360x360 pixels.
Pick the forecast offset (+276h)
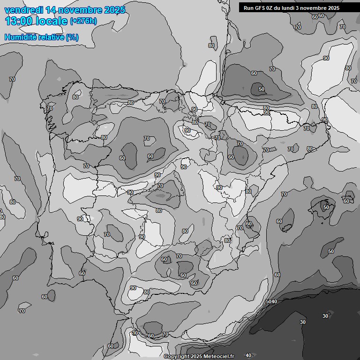coord(83,21)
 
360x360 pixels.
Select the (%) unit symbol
coord(72,37)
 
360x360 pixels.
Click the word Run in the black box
coord(249,8)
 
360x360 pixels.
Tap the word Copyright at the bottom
coord(177,357)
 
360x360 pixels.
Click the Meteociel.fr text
coord(219,357)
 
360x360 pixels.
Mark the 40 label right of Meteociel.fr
coord(248,355)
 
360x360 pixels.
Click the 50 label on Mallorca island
coord(326,207)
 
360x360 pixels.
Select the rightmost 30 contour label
coord(325,316)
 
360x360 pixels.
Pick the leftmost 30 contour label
coord(303,322)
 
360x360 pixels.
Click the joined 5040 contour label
coord(271,301)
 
